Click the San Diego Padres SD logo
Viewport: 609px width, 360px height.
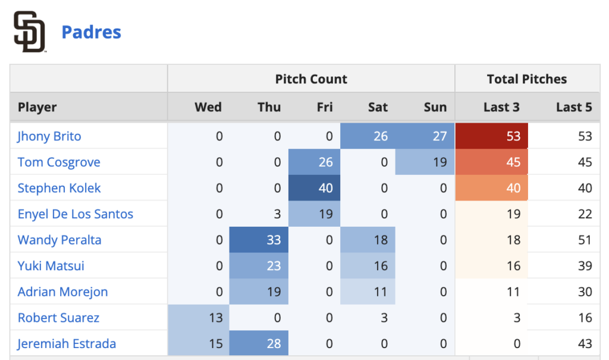(x=30, y=32)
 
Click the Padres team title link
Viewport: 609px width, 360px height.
(x=92, y=32)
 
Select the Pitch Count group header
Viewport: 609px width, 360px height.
(x=311, y=79)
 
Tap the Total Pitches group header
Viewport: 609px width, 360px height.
(x=527, y=79)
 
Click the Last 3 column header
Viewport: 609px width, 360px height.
(x=501, y=108)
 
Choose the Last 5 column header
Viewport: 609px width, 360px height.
(x=574, y=108)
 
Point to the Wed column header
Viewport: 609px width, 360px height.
(x=208, y=108)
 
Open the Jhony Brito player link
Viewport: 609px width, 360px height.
(x=49, y=136)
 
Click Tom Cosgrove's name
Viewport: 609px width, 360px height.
(x=59, y=162)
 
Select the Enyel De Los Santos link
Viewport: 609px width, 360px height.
(x=76, y=214)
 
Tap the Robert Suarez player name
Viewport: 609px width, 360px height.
(x=59, y=318)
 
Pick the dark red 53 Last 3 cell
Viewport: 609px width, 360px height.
(x=492, y=136)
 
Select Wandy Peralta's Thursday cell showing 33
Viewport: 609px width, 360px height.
(x=259, y=240)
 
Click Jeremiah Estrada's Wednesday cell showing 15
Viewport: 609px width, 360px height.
(x=199, y=343)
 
